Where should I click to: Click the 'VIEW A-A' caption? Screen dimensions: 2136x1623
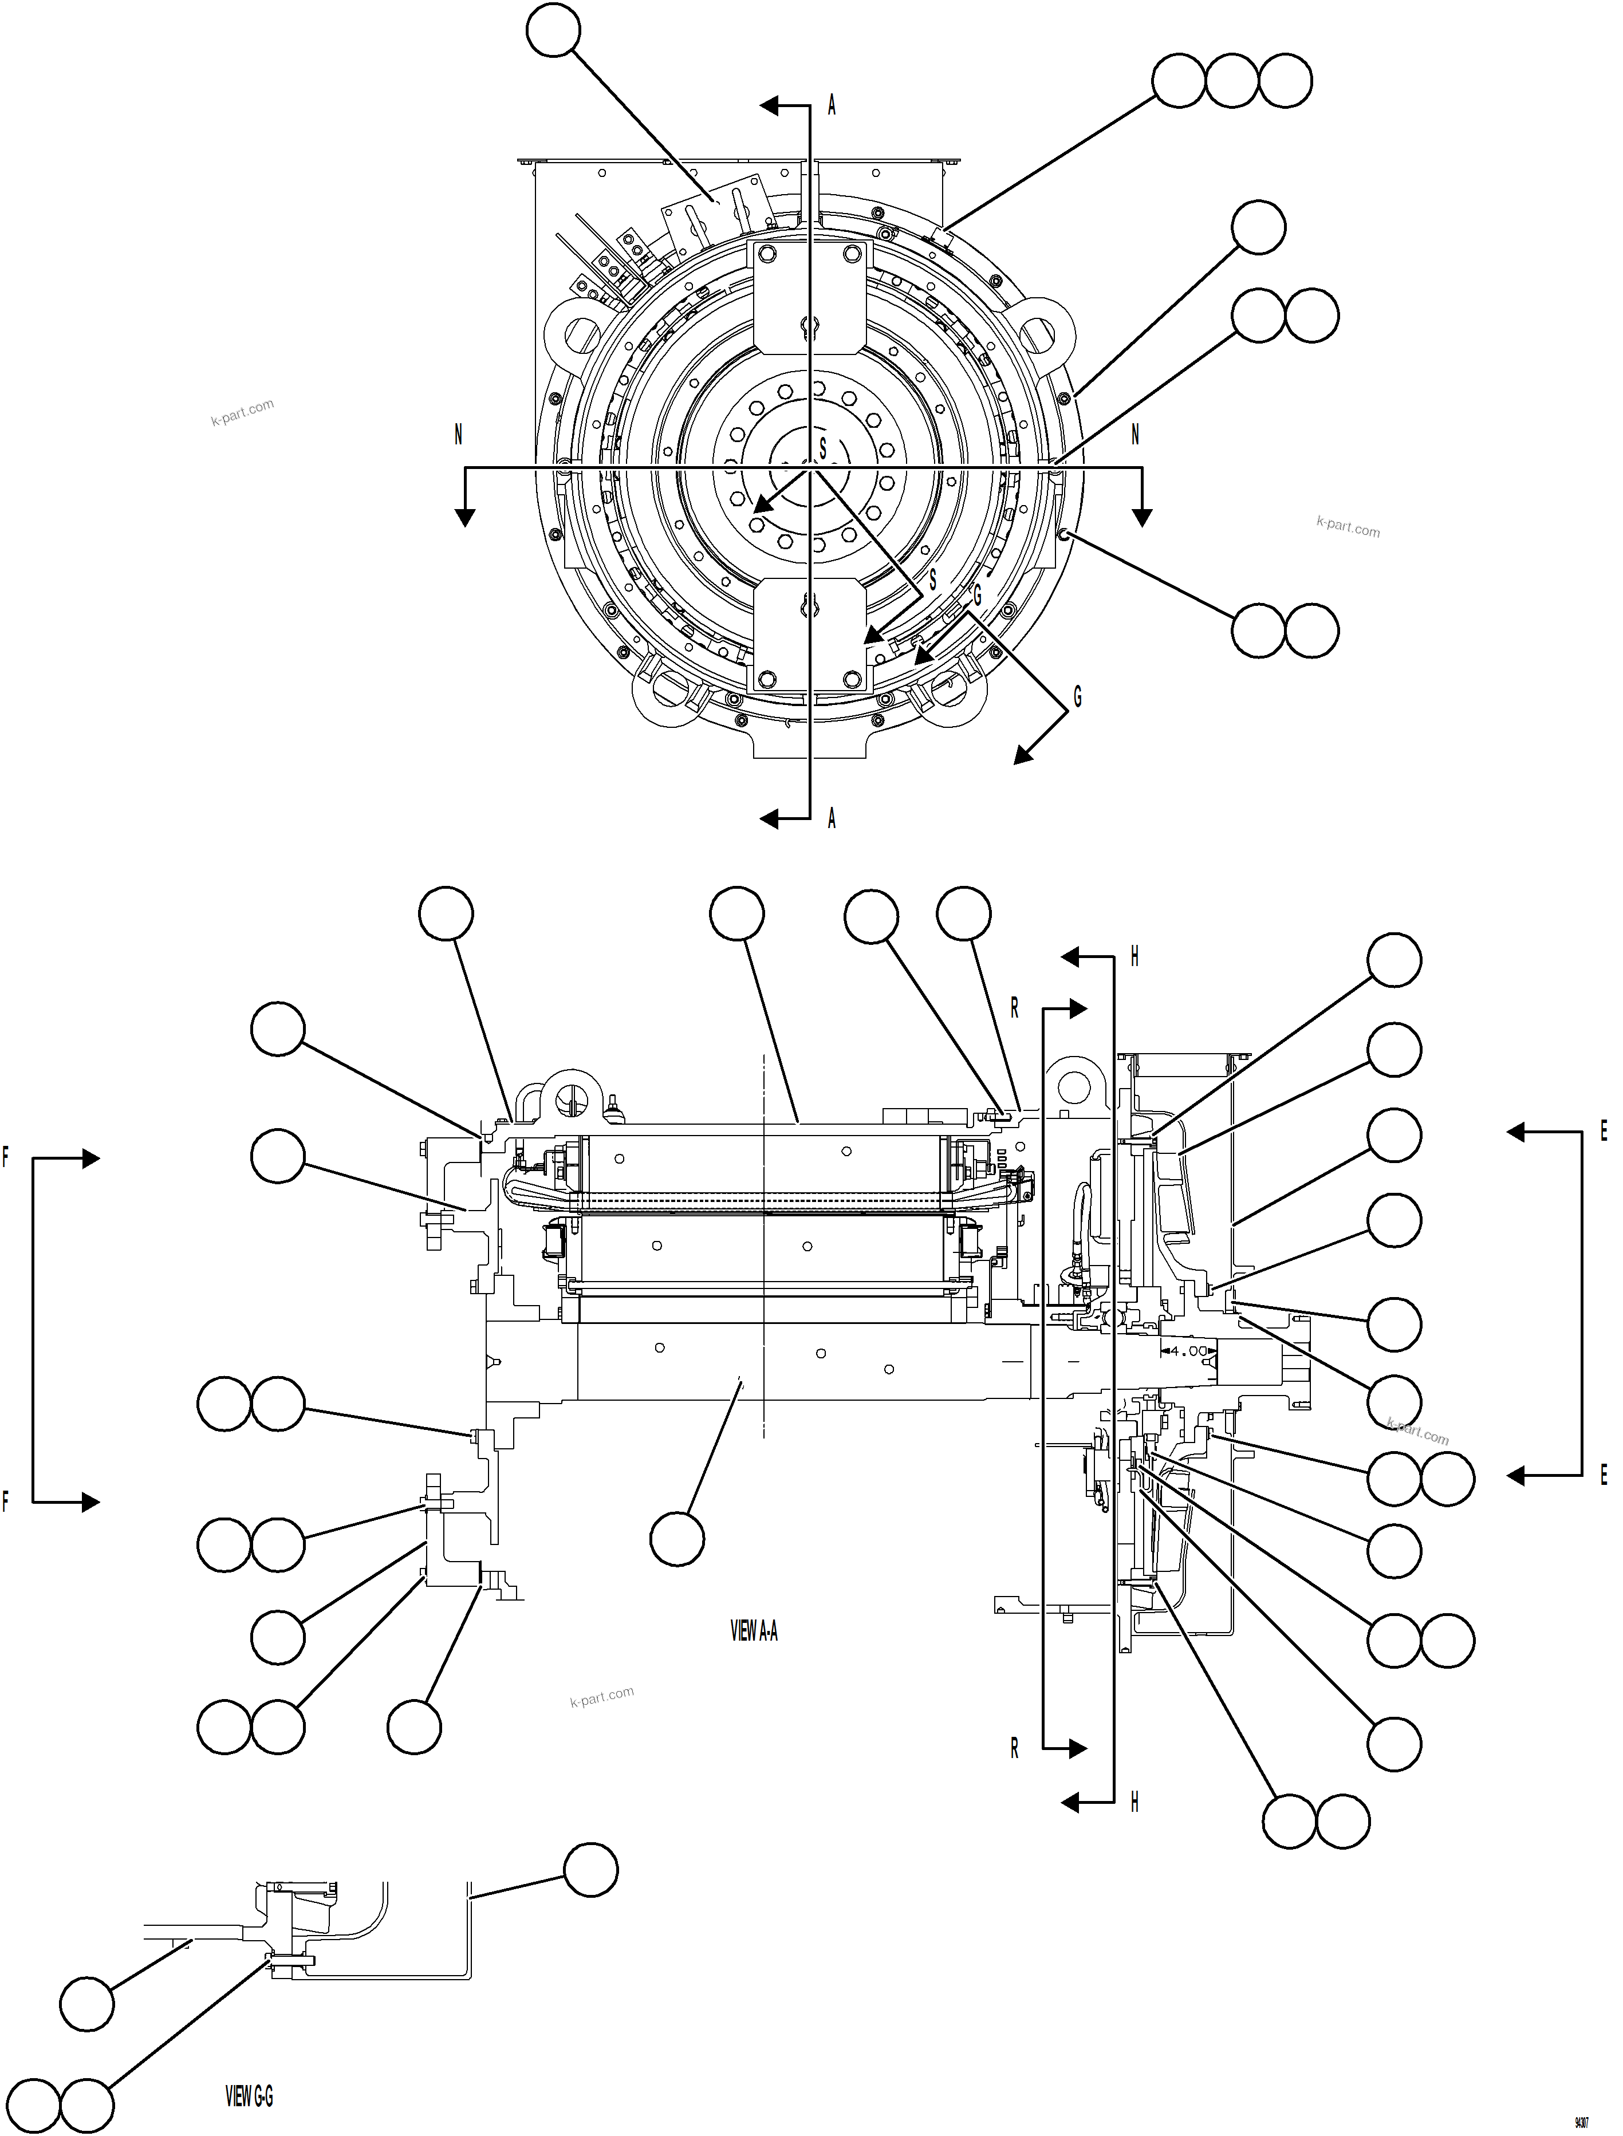pos(754,1631)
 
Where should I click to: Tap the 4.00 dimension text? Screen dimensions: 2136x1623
pos(1187,1350)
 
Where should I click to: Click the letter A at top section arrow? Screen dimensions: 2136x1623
pos(832,107)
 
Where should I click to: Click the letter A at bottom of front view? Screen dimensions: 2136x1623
pos(832,819)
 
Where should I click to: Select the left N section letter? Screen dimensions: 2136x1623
pos(458,436)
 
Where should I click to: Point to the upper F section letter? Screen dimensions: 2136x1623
pos(6,1157)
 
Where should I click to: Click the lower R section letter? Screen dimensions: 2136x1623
pos(1014,1749)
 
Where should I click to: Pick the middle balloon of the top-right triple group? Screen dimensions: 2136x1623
pos(1232,81)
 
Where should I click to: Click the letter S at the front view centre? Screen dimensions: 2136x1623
pos(823,448)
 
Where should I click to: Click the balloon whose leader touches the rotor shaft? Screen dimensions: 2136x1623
pos(677,1539)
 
